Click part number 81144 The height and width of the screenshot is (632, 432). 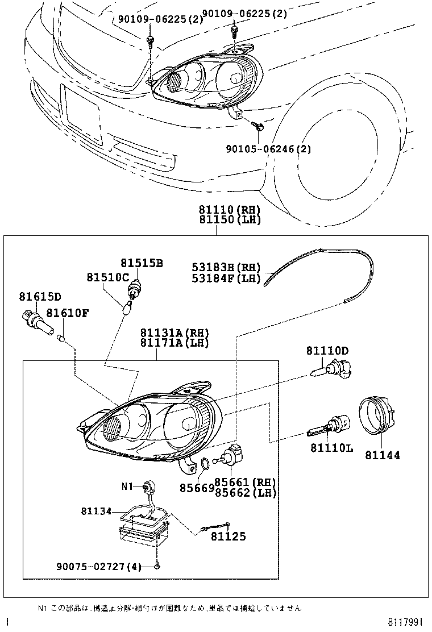coord(382,455)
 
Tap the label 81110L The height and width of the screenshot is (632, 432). coord(331,448)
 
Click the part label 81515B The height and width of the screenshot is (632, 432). coord(142,263)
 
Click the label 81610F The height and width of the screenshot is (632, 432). coord(67,313)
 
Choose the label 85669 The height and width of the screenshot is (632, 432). coord(197,488)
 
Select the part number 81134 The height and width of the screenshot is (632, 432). coord(96,512)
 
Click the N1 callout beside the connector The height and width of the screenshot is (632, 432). coord(126,487)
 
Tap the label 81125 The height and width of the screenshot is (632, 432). coord(229,536)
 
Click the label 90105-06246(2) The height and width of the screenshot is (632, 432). coord(264,149)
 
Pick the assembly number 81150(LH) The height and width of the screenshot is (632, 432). coord(230,220)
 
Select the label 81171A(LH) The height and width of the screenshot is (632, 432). coord(175,343)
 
